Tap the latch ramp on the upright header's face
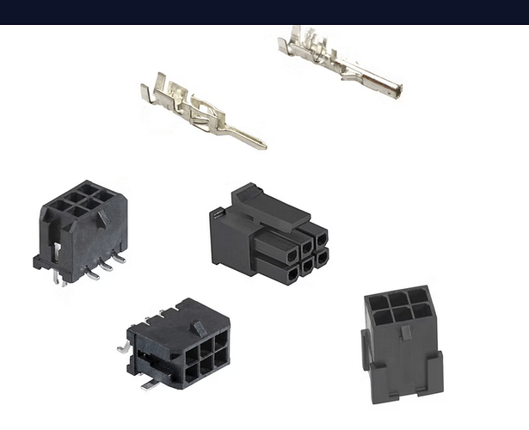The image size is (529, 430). (101, 219)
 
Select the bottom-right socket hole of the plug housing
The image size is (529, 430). (320, 256)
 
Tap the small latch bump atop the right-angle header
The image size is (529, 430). (197, 329)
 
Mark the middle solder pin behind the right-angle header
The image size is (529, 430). (160, 317)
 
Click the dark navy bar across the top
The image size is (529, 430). (264, 12)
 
